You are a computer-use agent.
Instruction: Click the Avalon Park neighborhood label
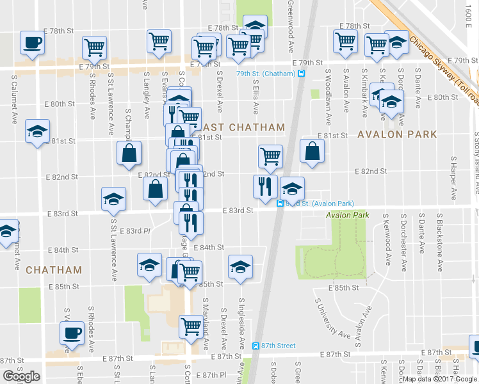click(x=397, y=134)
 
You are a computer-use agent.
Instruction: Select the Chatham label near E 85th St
click(x=54, y=270)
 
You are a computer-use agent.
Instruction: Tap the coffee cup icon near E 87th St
click(x=71, y=332)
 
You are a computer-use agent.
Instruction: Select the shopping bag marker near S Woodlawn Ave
click(x=312, y=152)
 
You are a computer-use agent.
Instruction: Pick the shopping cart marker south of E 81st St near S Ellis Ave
click(x=271, y=156)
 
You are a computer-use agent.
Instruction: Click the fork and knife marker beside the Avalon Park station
click(x=265, y=186)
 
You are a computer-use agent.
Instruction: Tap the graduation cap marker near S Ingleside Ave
click(x=240, y=266)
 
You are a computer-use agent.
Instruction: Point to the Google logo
click(x=21, y=376)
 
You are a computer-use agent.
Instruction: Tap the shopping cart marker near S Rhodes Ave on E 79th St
click(x=94, y=47)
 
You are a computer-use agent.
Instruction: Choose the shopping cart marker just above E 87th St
click(x=191, y=326)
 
